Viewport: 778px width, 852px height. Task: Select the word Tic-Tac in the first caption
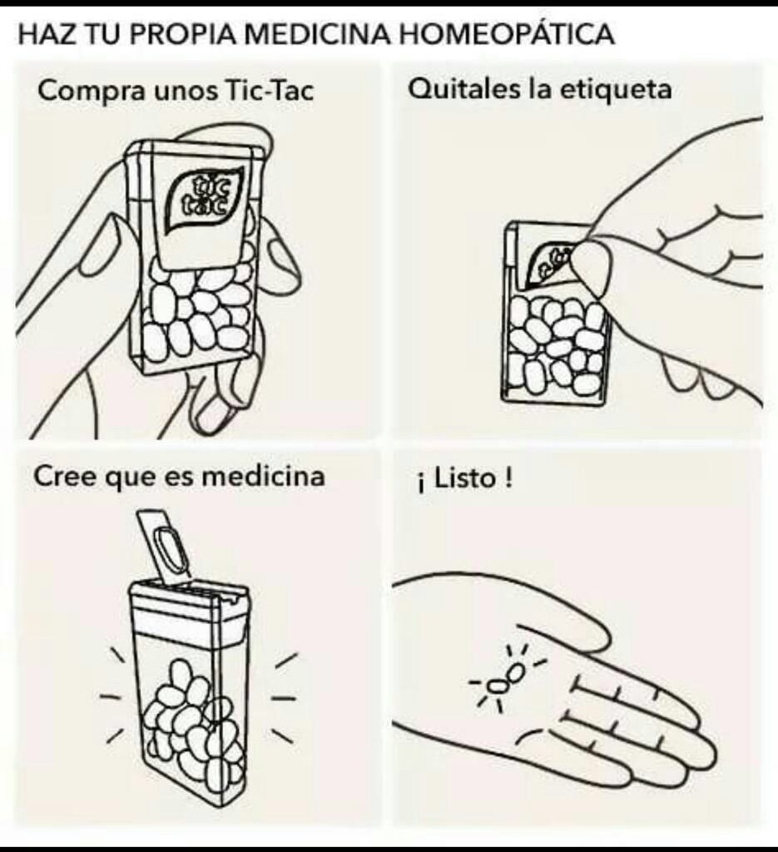[270, 91]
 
